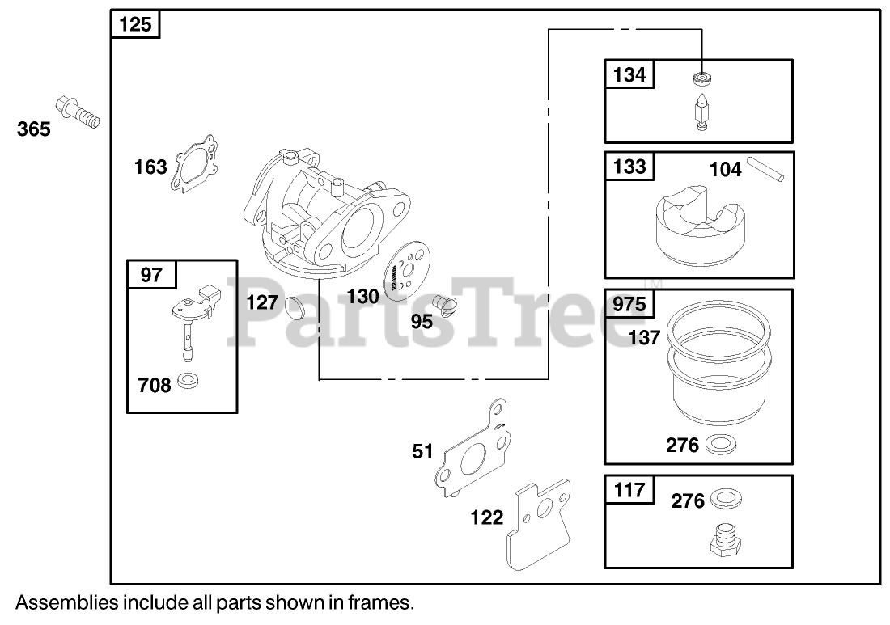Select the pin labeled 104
[x=765, y=171]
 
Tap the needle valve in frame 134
[x=701, y=111]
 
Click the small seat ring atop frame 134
[x=701, y=79]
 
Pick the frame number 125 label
[x=135, y=25]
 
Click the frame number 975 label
[x=630, y=305]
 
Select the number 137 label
[x=645, y=338]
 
